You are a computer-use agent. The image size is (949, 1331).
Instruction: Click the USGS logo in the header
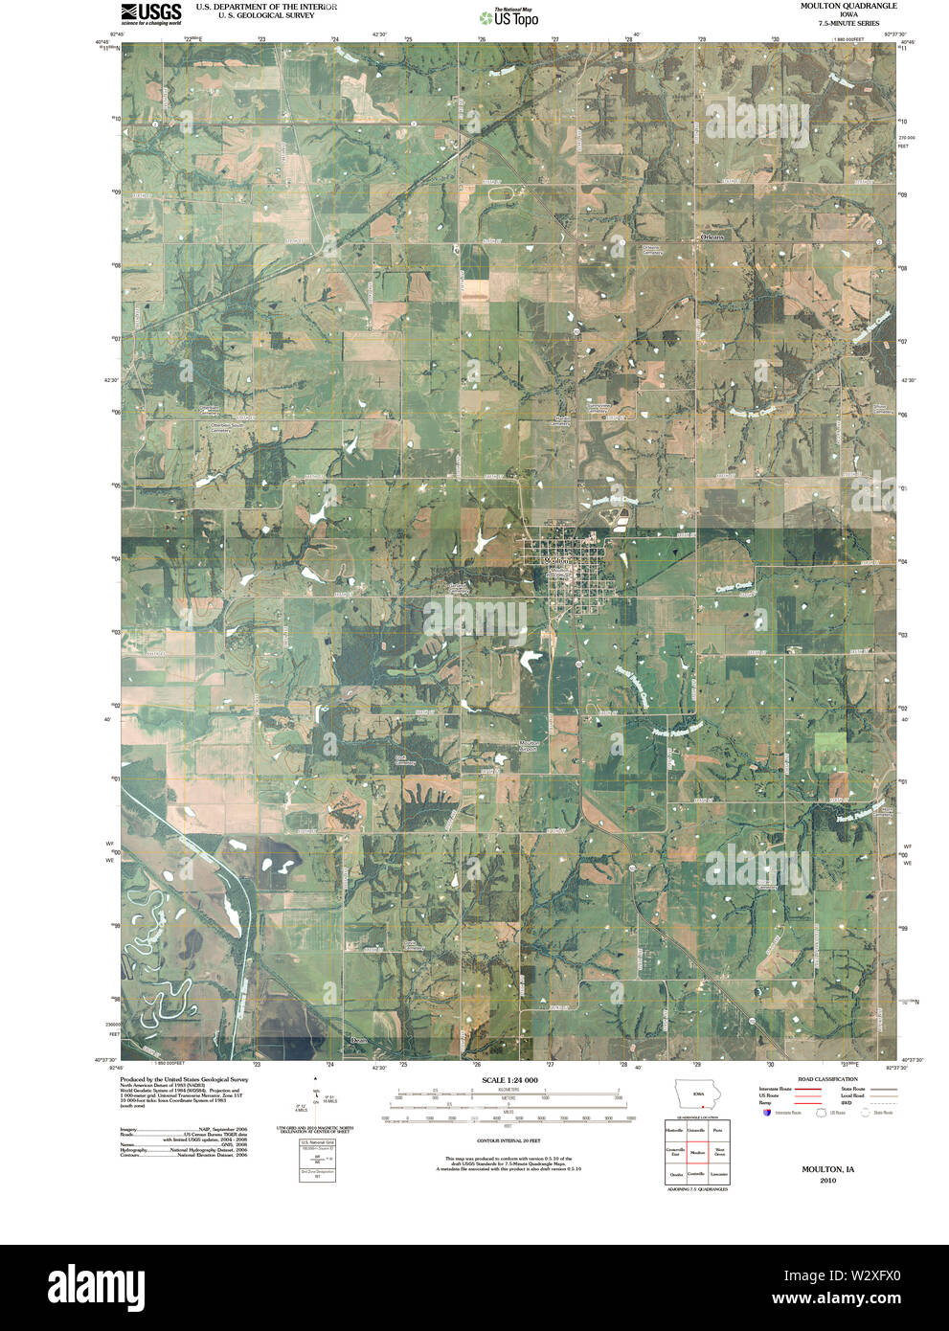point(150,12)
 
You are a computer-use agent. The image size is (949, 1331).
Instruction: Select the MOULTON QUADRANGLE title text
point(836,6)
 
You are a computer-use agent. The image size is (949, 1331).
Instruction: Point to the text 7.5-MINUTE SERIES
point(836,23)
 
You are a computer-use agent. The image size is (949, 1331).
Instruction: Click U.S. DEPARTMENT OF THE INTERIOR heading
point(266,6)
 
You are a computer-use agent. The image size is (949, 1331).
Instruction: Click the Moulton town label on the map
point(555,562)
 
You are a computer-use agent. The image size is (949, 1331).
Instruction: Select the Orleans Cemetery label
point(652,251)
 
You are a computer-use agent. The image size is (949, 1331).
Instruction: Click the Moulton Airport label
point(530,744)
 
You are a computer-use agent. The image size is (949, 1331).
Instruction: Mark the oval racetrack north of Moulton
point(503,193)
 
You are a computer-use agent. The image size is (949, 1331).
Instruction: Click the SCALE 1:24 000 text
point(509,1080)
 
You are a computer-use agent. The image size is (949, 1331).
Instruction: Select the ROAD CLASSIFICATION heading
point(827,1079)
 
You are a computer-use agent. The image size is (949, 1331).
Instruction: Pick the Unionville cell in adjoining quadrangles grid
point(697,1131)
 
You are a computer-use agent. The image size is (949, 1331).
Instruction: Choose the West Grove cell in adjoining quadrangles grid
point(719,1152)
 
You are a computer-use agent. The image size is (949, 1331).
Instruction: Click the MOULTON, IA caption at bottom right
point(827,1170)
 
